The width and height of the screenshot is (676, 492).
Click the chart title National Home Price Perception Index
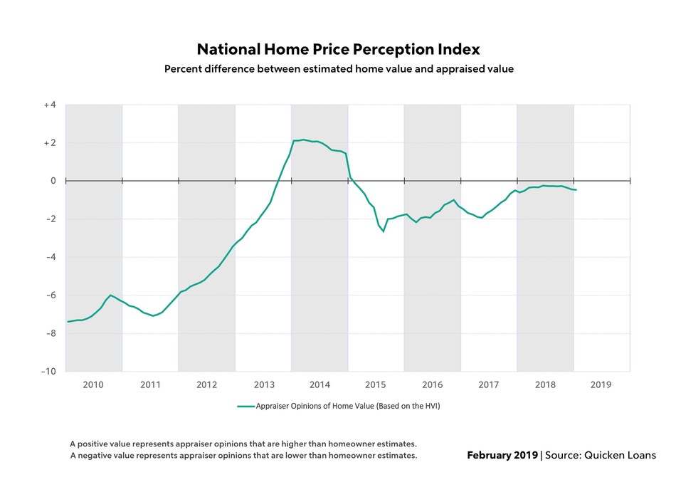coord(338,49)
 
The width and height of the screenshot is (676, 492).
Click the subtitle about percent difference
coord(339,69)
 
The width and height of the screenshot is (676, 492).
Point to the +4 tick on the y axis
coord(49,105)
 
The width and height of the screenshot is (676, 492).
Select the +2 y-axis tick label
coord(49,143)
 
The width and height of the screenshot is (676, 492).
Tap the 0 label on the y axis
coord(53,181)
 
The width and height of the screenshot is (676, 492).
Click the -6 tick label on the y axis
coord(50,295)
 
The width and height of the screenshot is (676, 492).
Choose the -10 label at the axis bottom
coord(48,371)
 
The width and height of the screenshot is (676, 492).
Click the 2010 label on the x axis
coord(93,385)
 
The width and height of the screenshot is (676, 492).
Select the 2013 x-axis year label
coord(263,385)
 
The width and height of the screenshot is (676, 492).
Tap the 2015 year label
coord(376,385)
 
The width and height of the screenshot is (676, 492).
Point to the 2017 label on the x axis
coord(489,385)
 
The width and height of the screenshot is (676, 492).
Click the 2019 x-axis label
coord(601,385)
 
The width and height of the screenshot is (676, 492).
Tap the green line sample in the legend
coord(245,407)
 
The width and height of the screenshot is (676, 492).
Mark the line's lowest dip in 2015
coord(384,231)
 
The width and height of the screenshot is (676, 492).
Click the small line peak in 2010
coord(110,295)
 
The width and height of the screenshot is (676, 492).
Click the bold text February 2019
coord(502,455)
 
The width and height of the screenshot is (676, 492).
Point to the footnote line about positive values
coord(243,443)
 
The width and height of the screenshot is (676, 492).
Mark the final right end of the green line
coord(576,190)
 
